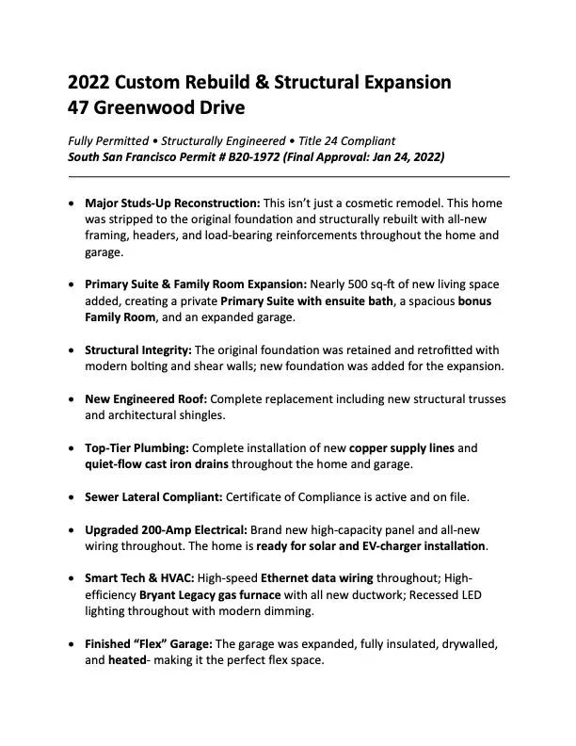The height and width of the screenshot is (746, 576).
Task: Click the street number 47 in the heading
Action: tap(80, 107)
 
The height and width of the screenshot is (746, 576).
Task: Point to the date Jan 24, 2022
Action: tap(405, 156)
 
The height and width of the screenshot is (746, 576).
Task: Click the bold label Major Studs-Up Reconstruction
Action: tap(172, 203)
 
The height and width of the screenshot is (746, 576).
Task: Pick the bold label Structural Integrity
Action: tap(137, 349)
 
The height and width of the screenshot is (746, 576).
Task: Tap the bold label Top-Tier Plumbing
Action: tap(136, 447)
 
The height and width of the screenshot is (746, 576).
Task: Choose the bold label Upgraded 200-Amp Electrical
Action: tap(160, 529)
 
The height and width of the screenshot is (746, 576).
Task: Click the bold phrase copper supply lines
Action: tap(402, 447)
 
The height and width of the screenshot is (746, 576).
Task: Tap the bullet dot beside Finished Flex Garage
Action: tap(73, 644)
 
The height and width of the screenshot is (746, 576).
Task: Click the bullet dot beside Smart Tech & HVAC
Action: tap(73, 578)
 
